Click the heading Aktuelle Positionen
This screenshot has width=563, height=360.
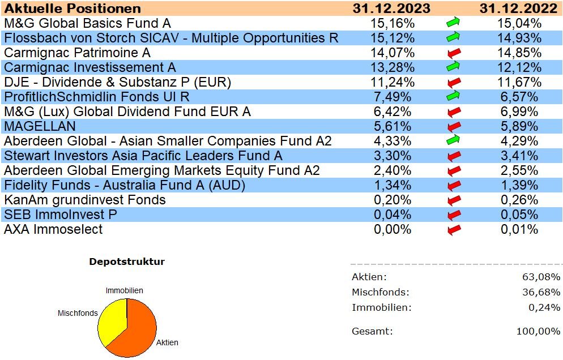tap(72, 8)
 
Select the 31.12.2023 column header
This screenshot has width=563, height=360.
tap(391, 8)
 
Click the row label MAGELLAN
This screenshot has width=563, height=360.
tap(40, 126)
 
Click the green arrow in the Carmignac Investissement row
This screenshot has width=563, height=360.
tap(453, 67)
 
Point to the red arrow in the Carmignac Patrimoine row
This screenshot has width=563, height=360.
tap(453, 53)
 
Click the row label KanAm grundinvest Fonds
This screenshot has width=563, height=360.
tap(85, 200)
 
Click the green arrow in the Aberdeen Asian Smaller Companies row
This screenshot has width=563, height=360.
tap(453, 141)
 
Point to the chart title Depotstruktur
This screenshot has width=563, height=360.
tap(127, 262)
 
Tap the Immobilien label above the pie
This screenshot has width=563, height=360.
tap(124, 290)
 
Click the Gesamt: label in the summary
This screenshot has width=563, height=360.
tap(372, 331)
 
